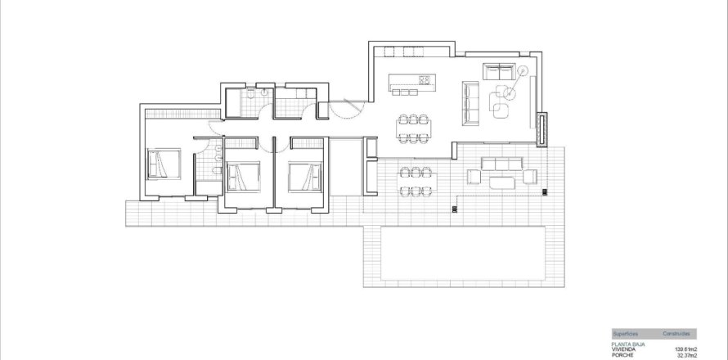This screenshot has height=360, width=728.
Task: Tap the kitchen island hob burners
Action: point(425,79)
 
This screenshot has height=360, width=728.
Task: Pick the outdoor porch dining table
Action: point(415,182)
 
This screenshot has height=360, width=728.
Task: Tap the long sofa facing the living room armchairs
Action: point(470,103)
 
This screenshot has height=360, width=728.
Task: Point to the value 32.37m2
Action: point(688,356)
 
